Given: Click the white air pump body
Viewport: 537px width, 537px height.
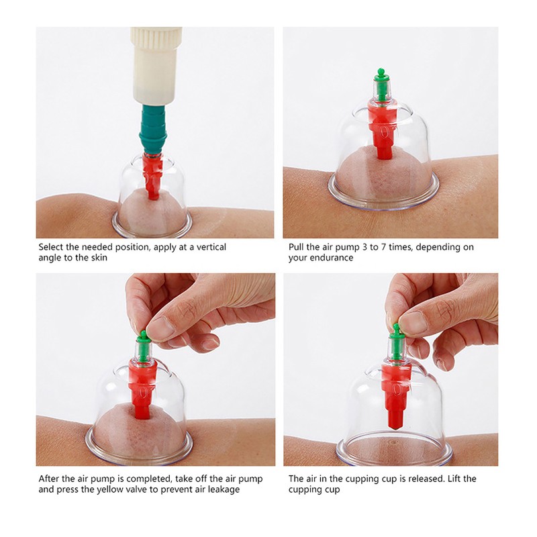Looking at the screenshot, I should pyautogui.click(x=156, y=64).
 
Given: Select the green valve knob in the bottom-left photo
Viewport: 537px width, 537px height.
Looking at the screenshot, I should pyautogui.click(x=142, y=340).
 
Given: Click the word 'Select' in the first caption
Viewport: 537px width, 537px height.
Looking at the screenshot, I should pyautogui.click(x=52, y=247).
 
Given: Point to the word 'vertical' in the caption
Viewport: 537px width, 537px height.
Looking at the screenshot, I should pyautogui.click(x=209, y=247).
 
